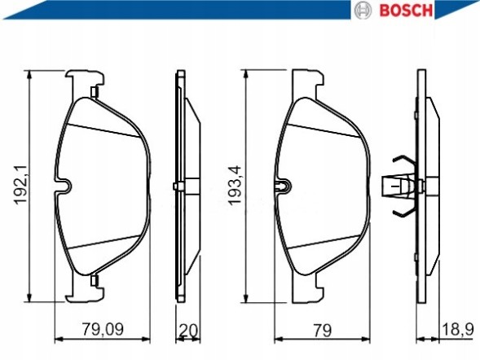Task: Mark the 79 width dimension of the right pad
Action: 324,330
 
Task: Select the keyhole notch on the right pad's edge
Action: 282,187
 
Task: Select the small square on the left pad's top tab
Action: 95,90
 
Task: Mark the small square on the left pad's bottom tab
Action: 95,281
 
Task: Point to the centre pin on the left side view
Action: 177,187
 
